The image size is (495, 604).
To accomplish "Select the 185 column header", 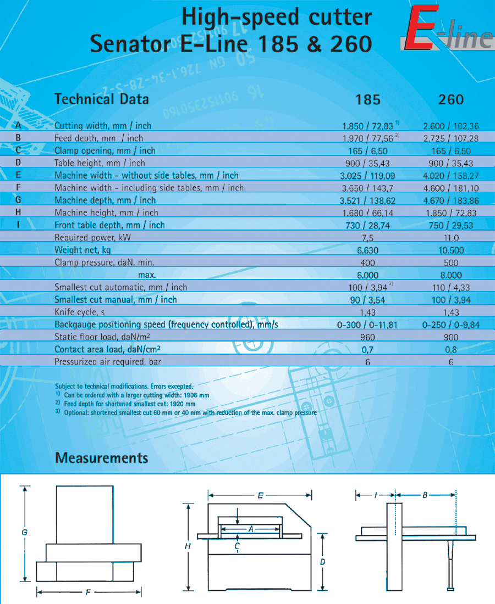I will (367, 99).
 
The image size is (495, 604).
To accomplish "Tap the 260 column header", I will (451, 99).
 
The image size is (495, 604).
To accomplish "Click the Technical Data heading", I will (102, 99).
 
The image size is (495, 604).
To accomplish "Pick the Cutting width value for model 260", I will (451, 126).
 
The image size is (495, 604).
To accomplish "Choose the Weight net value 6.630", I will (367, 250).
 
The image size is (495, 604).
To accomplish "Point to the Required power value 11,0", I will (451, 238).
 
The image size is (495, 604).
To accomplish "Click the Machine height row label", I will (106, 212).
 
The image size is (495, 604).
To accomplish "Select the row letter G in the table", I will (18, 200).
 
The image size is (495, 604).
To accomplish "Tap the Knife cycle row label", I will (80, 312).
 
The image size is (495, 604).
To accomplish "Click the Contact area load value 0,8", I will (451, 350).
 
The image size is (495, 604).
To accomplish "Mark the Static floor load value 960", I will (367, 337).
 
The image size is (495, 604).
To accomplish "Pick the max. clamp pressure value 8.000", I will (451, 275).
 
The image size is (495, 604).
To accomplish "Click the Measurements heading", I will (102, 457).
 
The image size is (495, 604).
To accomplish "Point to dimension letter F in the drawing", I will (88, 592).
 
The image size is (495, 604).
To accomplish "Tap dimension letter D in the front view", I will (323, 562).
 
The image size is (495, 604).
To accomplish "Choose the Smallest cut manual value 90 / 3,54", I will (367, 300).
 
